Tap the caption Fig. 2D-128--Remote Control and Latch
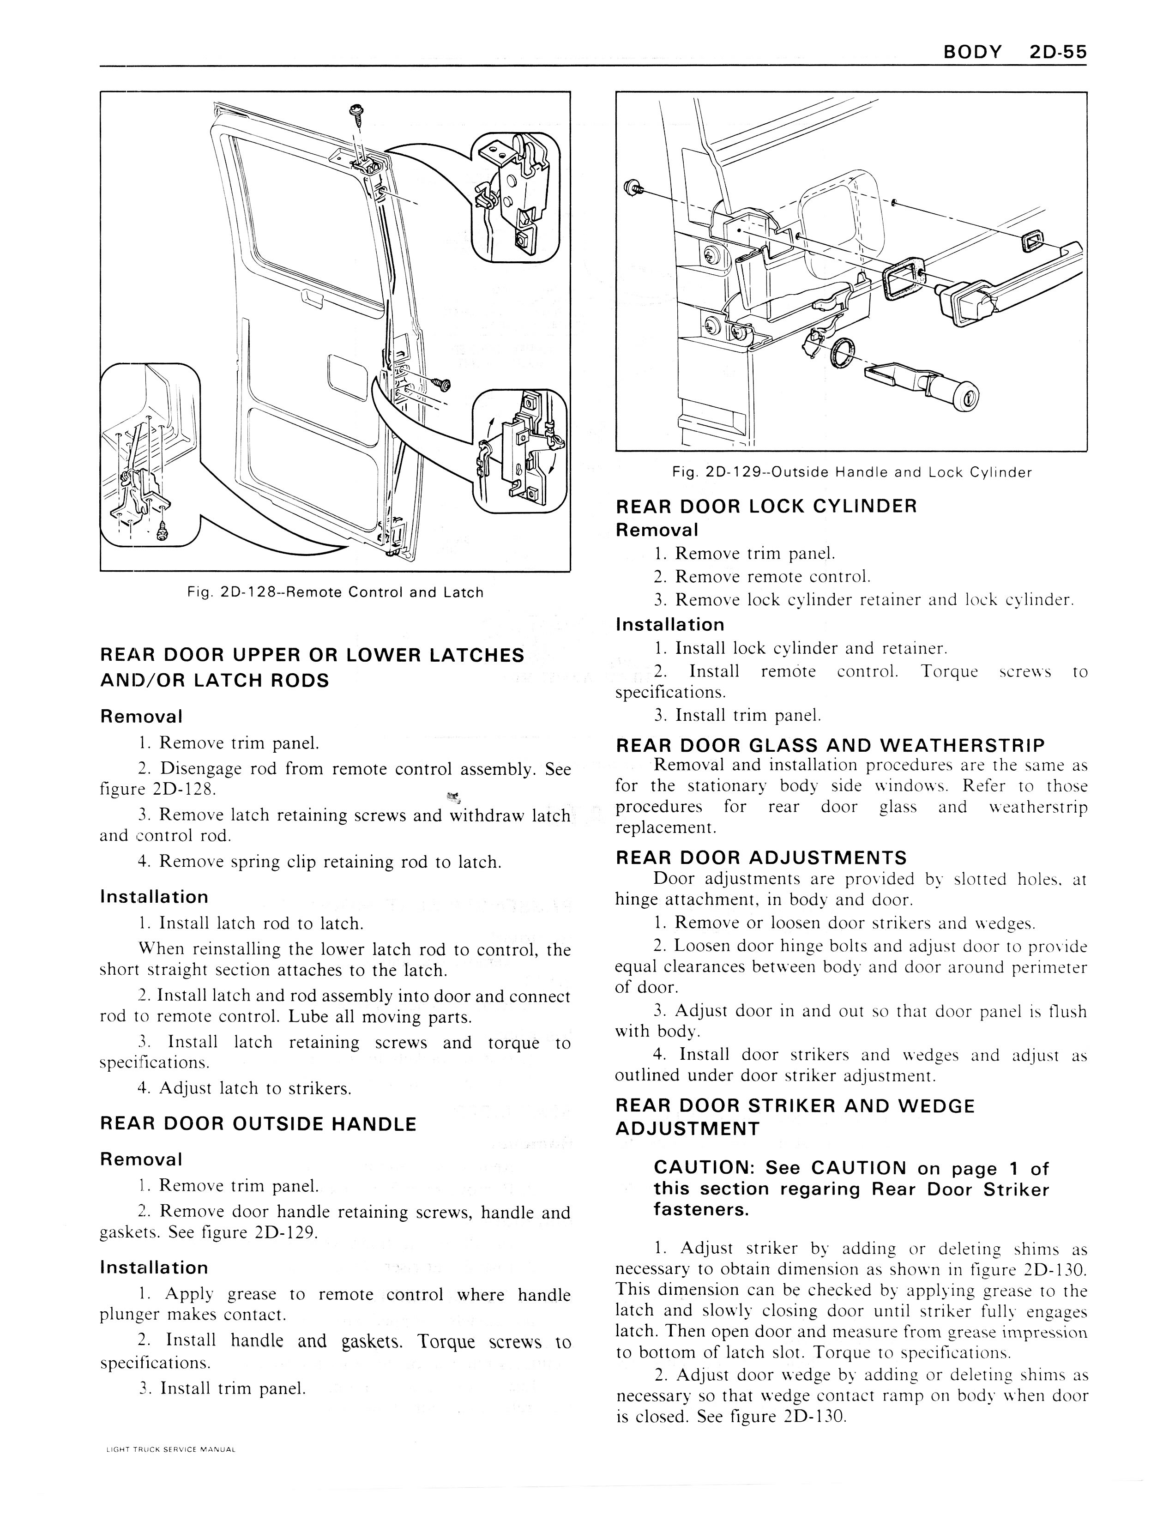pos(334,593)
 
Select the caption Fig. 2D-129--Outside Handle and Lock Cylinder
pos(852,472)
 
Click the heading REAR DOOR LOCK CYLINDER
pos(766,506)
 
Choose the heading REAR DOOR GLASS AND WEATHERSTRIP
pos(830,746)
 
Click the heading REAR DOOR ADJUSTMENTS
pos(761,857)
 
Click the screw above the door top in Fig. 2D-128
pos(356,111)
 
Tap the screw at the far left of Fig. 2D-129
pos(633,187)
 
